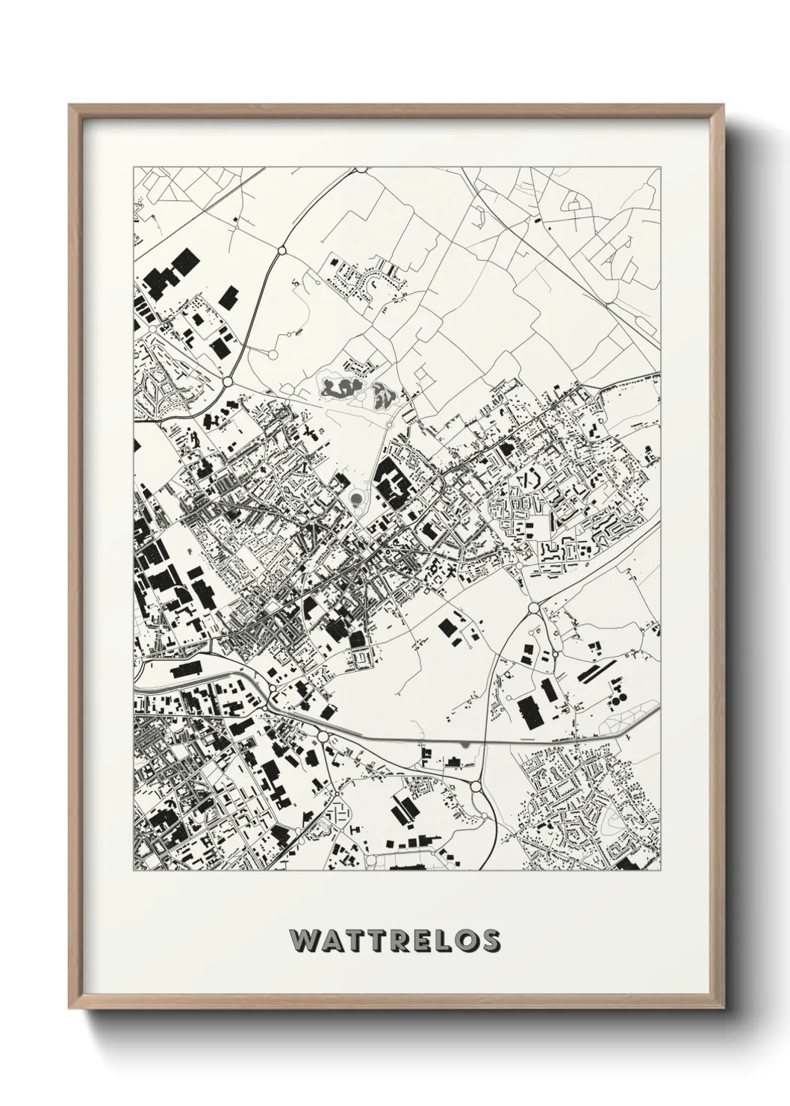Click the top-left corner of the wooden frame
pyautogui.click(x=69, y=105)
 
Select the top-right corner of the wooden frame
pyautogui.click(x=721, y=105)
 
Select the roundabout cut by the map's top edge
pyautogui.click(x=361, y=169)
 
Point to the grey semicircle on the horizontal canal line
pyautogui.click(x=467, y=744)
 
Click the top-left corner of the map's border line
pyautogui.click(x=134, y=167)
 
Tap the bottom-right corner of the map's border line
pyautogui.click(x=662, y=871)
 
